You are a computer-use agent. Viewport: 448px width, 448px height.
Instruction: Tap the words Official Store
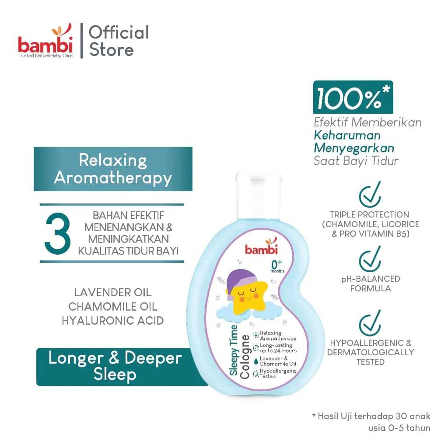pyautogui.click(x=119, y=41)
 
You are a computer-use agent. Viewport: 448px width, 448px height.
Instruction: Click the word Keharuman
pyautogui.click(x=347, y=135)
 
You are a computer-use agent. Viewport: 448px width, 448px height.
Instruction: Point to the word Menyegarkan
pyautogui.click(x=353, y=148)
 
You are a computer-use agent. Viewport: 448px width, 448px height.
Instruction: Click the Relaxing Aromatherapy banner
pyautogui.click(x=113, y=169)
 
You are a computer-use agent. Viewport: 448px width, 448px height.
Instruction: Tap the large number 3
pyautogui.click(x=58, y=233)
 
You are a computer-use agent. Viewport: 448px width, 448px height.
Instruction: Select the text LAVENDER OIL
pyautogui.click(x=113, y=292)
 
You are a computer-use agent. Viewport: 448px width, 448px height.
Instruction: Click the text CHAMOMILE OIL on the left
pyautogui.click(x=113, y=306)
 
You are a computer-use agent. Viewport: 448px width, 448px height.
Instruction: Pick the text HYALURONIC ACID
pyautogui.click(x=113, y=320)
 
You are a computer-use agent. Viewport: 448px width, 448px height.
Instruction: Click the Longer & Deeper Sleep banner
pyautogui.click(x=115, y=366)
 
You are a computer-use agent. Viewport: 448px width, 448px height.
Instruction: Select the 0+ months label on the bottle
pyautogui.click(x=277, y=266)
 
